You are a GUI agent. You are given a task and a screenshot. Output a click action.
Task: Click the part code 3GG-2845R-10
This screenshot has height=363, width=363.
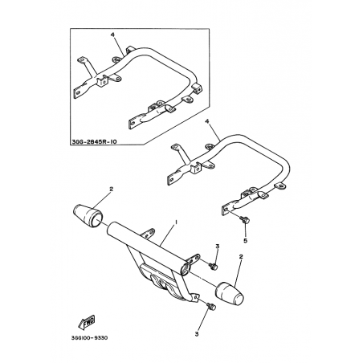click(x=95, y=141)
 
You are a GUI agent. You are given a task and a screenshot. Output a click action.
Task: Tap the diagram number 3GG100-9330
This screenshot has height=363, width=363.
click(x=90, y=338)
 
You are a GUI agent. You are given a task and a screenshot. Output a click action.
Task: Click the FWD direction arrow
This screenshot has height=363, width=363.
click(x=87, y=322)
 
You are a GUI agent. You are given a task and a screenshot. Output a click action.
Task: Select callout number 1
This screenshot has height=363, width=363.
click(x=176, y=222)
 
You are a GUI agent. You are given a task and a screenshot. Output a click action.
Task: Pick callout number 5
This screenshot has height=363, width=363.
click(x=245, y=240)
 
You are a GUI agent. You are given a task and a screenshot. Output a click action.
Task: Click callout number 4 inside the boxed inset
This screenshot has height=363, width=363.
click(x=112, y=35)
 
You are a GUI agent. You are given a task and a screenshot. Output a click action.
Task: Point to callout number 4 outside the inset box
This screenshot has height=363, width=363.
click(x=206, y=121)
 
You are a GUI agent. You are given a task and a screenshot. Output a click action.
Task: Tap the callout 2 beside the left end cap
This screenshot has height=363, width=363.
click(x=112, y=189)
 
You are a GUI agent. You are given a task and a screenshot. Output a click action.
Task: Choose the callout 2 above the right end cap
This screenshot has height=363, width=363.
click(x=241, y=257)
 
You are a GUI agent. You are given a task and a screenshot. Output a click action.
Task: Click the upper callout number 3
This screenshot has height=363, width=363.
click(x=218, y=247)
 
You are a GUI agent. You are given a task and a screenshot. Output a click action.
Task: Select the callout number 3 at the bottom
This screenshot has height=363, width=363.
click(x=197, y=334)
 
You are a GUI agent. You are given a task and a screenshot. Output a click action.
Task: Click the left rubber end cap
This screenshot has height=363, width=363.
click(x=88, y=215)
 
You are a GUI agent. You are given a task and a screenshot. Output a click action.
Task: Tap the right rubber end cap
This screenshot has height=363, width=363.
click(x=230, y=294)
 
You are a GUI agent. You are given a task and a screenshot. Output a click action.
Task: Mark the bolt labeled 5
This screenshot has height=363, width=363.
click(x=244, y=219)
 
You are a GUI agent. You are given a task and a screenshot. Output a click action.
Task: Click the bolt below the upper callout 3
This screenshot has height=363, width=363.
click(x=214, y=266)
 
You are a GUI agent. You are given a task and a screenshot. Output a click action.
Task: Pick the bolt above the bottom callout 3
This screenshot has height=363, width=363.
click(x=211, y=307)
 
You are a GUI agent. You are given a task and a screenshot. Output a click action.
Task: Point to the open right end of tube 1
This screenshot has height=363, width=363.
click(x=185, y=269)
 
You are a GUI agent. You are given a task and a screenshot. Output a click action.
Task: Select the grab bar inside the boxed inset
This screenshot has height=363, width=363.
click(x=138, y=87)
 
